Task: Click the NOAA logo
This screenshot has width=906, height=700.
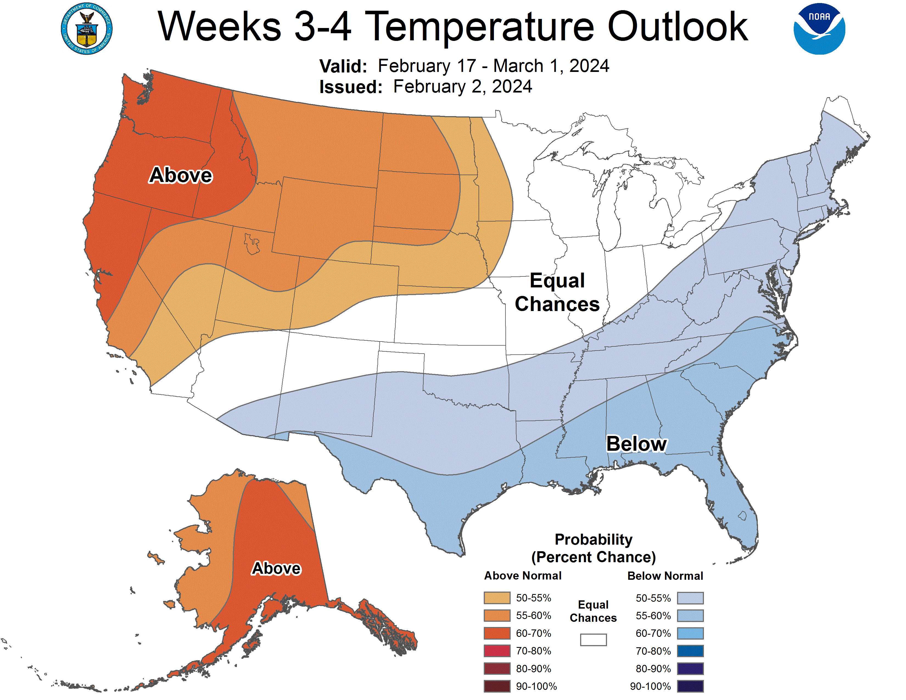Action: coord(819,29)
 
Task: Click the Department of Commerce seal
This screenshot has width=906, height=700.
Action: coord(87,29)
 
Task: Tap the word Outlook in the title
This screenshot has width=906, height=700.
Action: coord(677,27)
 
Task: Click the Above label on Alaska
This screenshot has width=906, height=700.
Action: coord(276,568)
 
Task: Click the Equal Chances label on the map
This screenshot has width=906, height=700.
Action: coord(557,292)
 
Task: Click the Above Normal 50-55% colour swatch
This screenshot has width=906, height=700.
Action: coord(497,598)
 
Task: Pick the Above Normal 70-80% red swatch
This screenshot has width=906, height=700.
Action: coord(497,651)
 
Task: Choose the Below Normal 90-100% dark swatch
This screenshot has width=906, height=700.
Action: coord(690,686)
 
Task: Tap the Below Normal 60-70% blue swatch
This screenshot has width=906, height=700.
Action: coord(690,633)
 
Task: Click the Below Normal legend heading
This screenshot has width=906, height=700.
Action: coord(665,576)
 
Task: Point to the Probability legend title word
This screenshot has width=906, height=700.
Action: coord(593,539)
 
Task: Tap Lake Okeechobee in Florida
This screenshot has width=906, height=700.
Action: coord(742,516)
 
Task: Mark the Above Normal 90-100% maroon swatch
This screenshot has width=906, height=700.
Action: coord(497,686)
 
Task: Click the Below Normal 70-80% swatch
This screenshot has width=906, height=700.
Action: coord(690,651)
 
